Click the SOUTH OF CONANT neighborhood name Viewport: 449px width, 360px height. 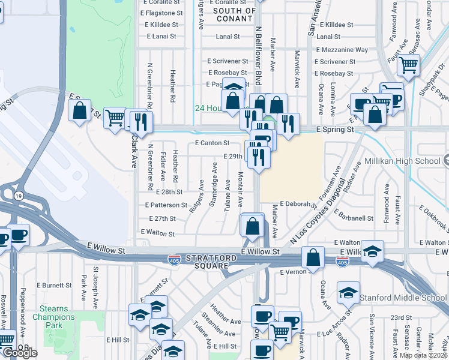point(234,14)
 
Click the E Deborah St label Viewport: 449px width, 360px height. point(298,204)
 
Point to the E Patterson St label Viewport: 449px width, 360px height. point(166,205)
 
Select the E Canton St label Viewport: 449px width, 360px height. point(212,143)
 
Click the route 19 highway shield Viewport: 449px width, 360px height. point(19,196)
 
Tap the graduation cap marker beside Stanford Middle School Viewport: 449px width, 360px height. point(348,292)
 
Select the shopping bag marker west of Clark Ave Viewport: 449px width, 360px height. point(79,110)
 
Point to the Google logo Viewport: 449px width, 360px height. point(20,353)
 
